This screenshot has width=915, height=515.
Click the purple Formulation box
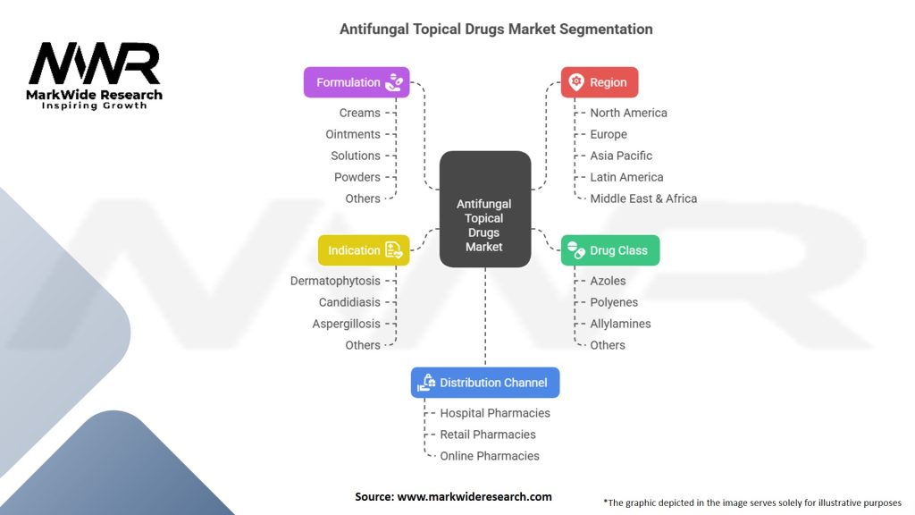coord(357,82)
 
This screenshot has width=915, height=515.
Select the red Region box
coord(599,82)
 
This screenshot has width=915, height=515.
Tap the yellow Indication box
coord(364,250)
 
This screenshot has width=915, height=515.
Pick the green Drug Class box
coord(610,250)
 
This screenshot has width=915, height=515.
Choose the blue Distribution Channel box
coord(485,383)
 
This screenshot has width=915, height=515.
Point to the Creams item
coord(359,113)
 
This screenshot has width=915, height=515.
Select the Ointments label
coord(353,134)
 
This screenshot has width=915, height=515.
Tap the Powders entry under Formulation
coord(357,177)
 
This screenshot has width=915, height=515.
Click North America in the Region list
coord(628,113)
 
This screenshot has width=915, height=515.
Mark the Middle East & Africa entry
coord(643,198)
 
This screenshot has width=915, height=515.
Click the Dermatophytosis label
coord(335,281)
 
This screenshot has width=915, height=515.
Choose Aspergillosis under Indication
coord(346,324)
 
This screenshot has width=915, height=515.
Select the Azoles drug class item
coord(608,281)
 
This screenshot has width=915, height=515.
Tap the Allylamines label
coord(620,324)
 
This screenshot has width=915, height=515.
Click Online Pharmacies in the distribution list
coord(490,456)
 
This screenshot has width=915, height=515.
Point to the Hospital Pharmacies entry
coord(495,413)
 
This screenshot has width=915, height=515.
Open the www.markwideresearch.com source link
coord(474,497)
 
